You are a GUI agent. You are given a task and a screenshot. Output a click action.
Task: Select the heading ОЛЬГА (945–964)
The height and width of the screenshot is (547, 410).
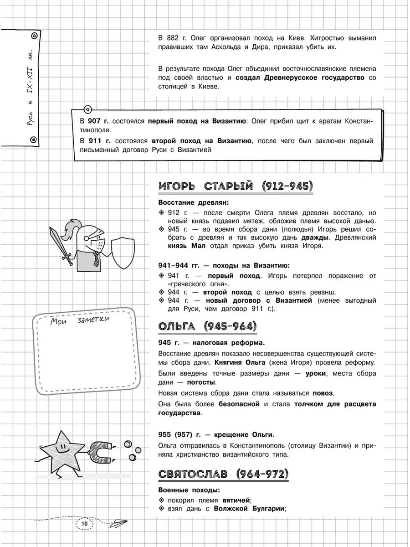[x=207, y=326]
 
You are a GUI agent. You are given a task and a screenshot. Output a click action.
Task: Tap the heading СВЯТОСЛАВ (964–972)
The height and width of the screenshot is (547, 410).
[x=224, y=475]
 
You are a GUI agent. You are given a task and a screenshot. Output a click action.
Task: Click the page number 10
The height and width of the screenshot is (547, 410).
[x=84, y=524]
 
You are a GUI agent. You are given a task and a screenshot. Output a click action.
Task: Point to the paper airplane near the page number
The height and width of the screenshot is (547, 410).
[x=119, y=523]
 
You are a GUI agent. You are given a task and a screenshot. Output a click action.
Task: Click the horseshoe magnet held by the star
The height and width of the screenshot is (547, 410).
[x=100, y=451]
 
